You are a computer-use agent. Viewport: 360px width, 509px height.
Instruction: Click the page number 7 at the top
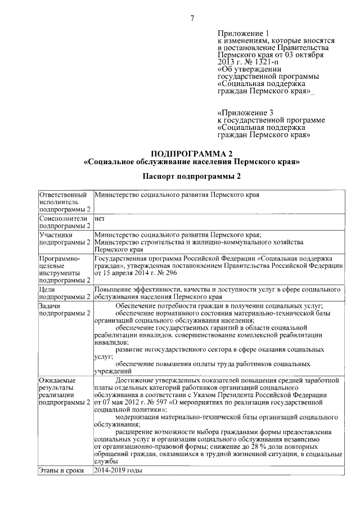click(192, 19)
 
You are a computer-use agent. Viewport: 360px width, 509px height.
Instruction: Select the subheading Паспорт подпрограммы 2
click(191, 177)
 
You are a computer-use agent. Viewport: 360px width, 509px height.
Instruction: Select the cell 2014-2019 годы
click(119, 470)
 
